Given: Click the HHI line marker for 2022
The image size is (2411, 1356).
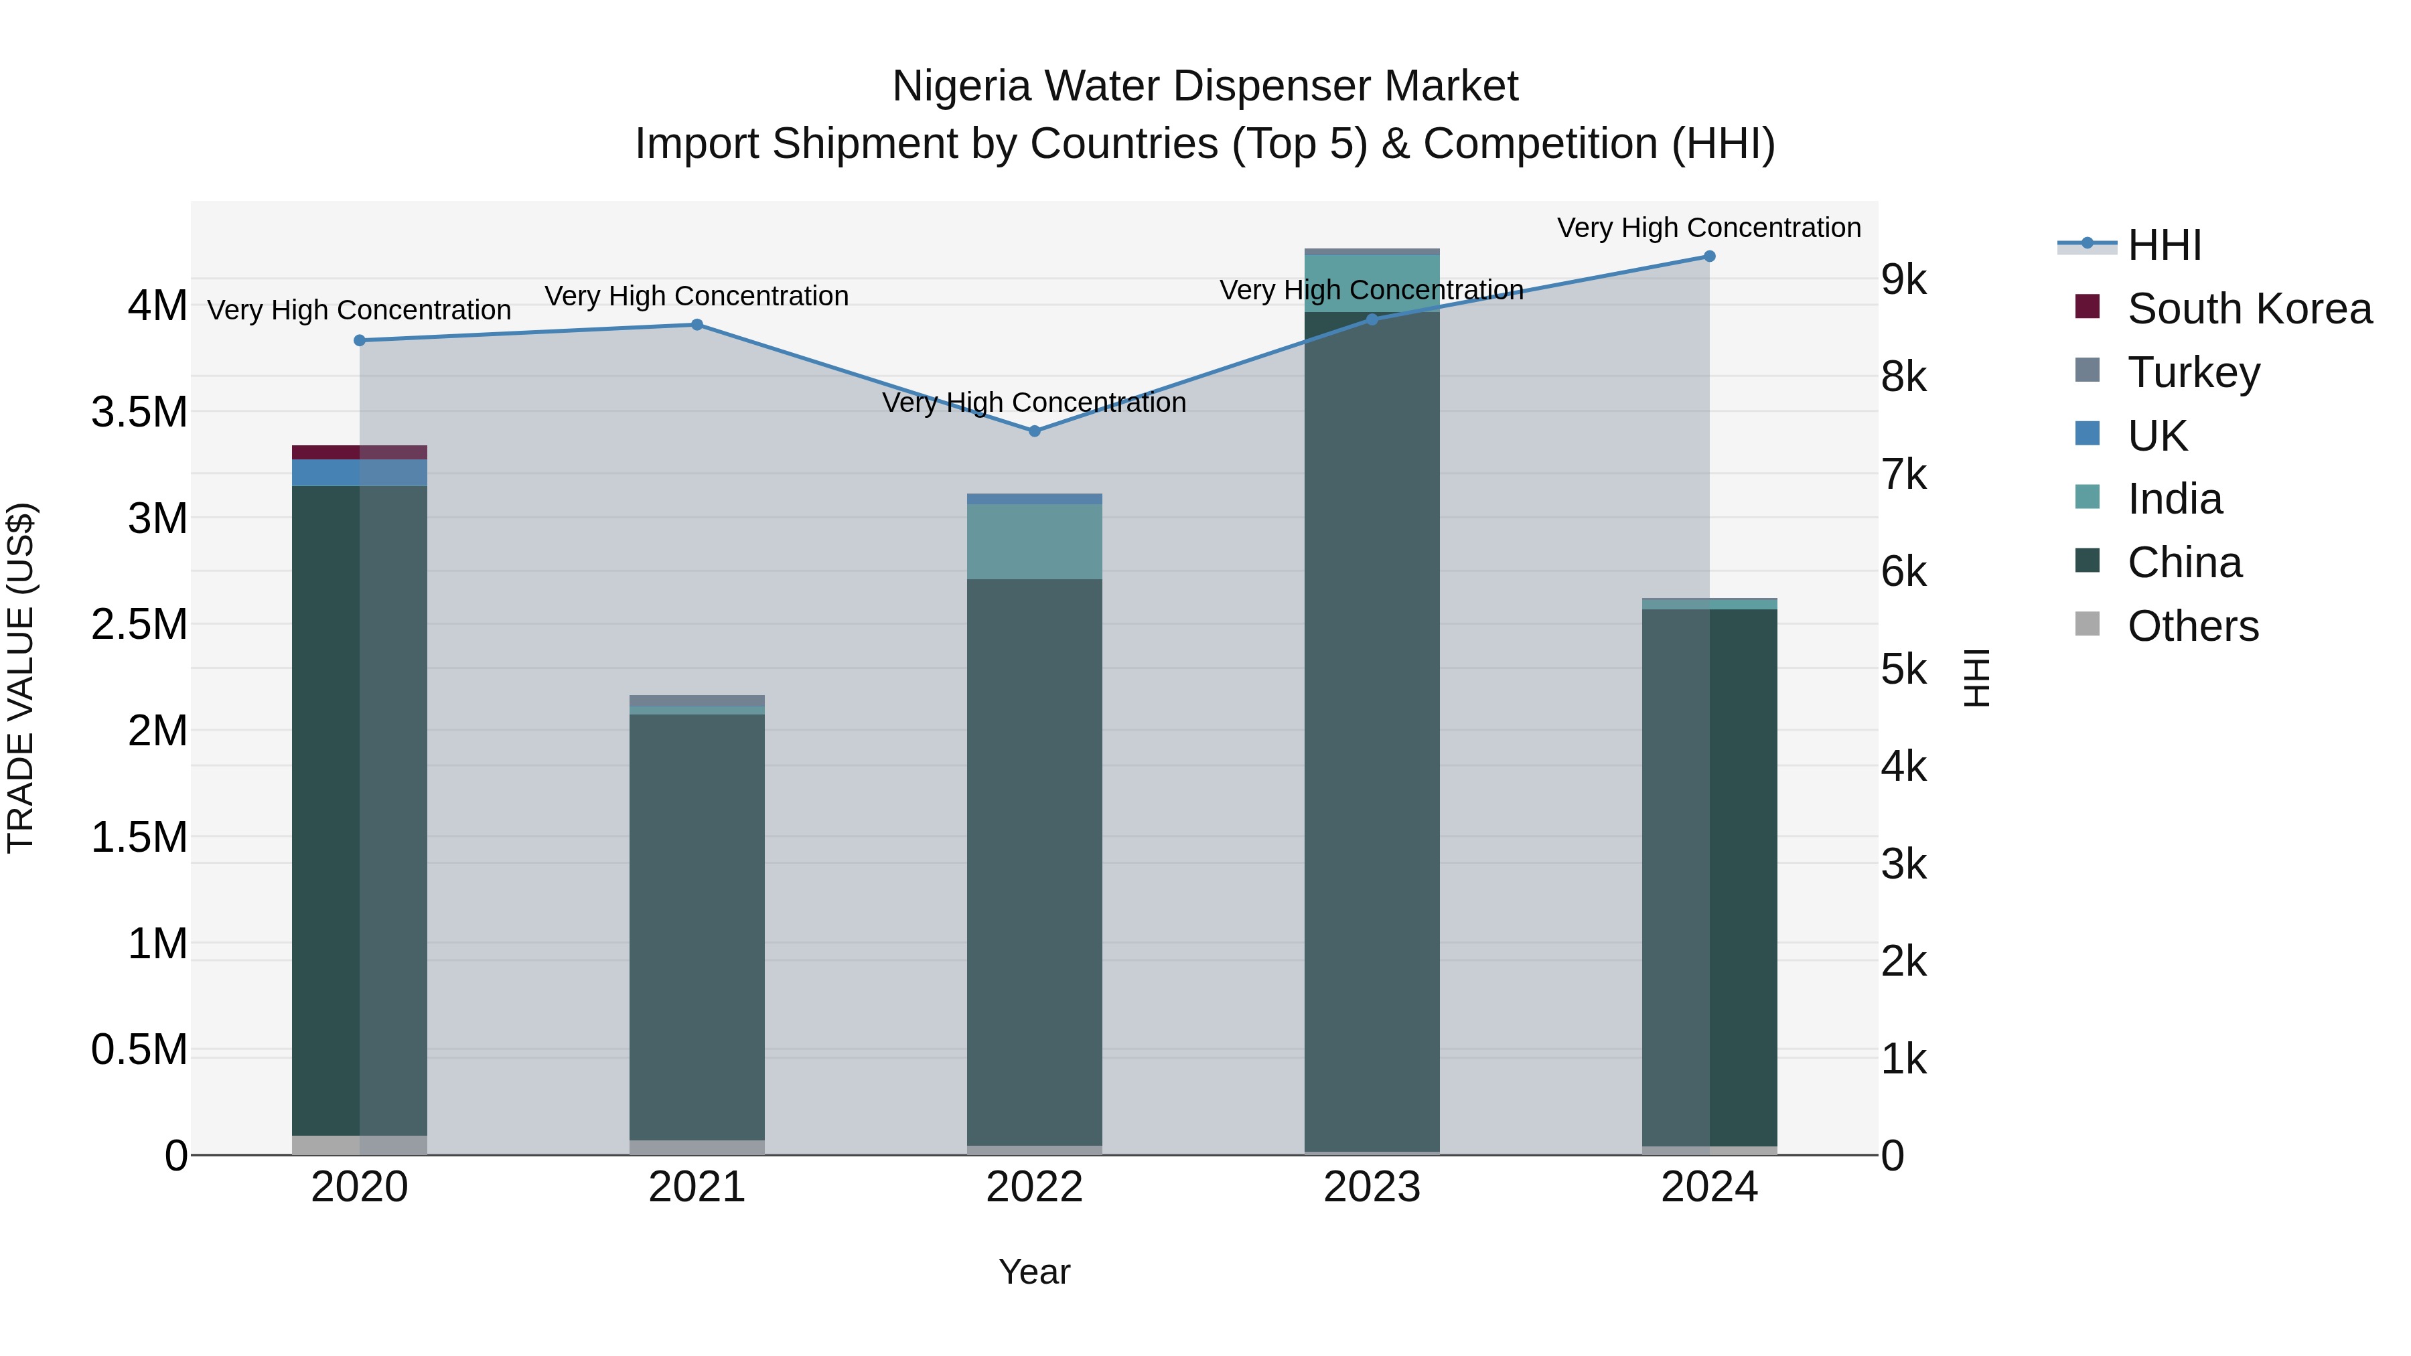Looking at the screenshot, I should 1034,431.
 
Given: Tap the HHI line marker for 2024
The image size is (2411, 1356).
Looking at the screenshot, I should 1709,256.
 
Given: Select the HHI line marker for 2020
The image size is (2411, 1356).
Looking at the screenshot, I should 360,341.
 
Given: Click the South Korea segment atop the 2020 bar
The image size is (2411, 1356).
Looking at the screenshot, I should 360,452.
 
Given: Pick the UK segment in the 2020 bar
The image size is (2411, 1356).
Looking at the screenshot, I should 360,473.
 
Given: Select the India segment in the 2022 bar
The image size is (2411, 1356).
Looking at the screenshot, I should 1034,542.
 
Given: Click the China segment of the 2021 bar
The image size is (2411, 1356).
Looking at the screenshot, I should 697,927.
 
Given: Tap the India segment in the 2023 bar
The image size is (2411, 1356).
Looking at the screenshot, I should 1372,283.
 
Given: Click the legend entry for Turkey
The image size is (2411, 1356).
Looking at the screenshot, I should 2193,372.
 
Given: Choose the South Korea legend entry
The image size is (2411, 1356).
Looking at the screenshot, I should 2248,309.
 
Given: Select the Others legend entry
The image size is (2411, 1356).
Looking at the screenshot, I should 2192,625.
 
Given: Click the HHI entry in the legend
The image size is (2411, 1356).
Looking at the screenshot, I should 2163,245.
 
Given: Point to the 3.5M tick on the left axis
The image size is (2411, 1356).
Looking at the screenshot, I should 139,412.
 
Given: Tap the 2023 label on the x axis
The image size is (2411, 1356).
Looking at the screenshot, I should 1372,1187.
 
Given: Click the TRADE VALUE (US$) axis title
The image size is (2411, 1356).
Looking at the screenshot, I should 21,678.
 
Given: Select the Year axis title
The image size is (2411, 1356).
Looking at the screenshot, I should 1034,1272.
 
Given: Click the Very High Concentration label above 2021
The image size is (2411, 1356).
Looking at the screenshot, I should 697,296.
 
